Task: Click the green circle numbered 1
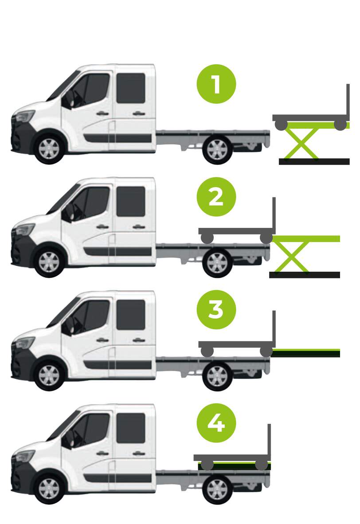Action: click(x=216, y=84)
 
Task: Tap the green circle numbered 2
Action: click(x=216, y=197)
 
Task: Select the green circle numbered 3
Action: click(x=216, y=310)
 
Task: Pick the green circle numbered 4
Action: click(x=216, y=423)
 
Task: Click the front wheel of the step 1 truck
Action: click(x=49, y=149)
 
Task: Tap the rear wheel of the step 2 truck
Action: click(x=217, y=263)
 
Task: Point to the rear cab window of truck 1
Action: click(x=131, y=88)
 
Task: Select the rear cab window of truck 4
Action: click(x=131, y=428)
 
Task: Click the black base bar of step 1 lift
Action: click(x=314, y=162)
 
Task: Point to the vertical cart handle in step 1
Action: click(x=348, y=102)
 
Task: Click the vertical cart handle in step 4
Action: click(x=269, y=442)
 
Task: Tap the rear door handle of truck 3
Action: click(x=139, y=340)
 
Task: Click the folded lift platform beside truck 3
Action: click(x=305, y=353)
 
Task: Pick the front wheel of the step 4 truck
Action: click(x=49, y=489)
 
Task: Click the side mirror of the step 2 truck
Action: click(x=67, y=212)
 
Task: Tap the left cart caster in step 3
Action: click(x=207, y=352)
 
